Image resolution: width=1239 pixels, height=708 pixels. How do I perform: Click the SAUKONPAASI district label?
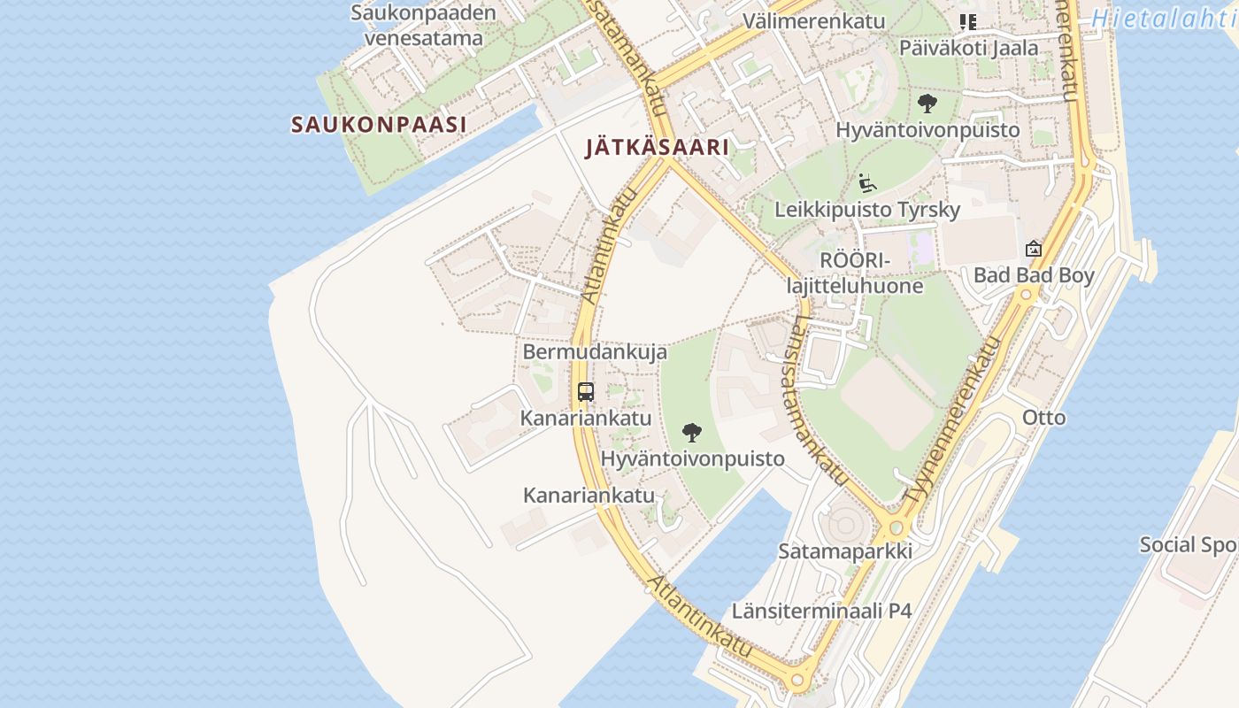pyautogui.click(x=379, y=125)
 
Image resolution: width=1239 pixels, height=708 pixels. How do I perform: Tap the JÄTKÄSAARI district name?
pyautogui.click(x=658, y=148)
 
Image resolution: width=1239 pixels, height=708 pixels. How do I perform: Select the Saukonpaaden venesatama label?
pyautogui.click(x=424, y=26)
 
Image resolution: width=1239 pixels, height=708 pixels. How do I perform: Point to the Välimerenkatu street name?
pyautogui.click(x=802, y=20)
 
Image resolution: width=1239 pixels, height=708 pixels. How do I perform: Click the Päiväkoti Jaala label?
pyautogui.click(x=968, y=48)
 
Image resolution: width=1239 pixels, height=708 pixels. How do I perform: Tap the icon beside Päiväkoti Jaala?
pyautogui.click(x=968, y=21)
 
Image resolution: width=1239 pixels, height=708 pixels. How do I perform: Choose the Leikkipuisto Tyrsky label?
pyautogui.click(x=866, y=210)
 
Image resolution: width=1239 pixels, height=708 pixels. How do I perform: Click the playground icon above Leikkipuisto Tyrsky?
pyautogui.click(x=867, y=183)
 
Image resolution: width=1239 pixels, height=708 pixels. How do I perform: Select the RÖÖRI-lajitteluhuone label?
pyautogui.click(x=855, y=273)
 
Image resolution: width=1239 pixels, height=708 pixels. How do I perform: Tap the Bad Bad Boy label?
pyautogui.click(x=1034, y=275)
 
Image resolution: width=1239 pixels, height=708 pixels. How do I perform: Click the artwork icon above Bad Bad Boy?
pyautogui.click(x=1033, y=249)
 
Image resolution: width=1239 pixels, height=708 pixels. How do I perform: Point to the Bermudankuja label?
pyautogui.click(x=595, y=351)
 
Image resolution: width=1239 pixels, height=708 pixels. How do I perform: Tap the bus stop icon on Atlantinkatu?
pyautogui.click(x=586, y=391)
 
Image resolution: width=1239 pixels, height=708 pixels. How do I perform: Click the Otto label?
pyautogui.click(x=1044, y=417)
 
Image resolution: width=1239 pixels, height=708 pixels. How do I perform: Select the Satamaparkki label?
pyautogui.click(x=844, y=550)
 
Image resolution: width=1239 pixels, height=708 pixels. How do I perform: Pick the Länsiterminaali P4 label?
pyautogui.click(x=821, y=611)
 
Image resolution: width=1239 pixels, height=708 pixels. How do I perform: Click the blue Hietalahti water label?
pyautogui.click(x=1164, y=19)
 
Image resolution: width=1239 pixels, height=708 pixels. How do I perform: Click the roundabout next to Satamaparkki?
pyautogui.click(x=897, y=527)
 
